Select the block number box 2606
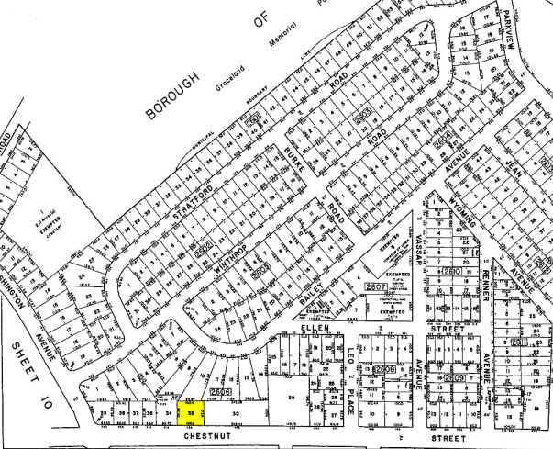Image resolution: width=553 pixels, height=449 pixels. (220, 392)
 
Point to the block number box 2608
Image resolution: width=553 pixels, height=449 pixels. (383, 369)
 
